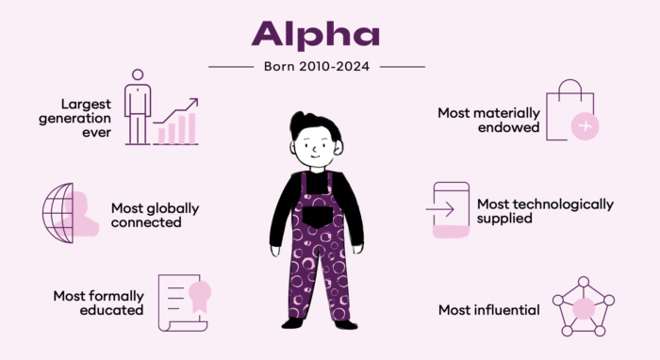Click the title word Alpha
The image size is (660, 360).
point(316,34)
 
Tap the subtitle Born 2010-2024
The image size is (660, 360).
point(316,66)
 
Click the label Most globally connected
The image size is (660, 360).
point(156,215)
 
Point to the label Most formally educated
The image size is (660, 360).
point(98,302)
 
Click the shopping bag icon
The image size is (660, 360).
point(576,109)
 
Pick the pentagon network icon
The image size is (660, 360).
point(583,306)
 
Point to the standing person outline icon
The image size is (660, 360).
point(137,106)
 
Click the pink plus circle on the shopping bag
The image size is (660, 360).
point(586,125)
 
